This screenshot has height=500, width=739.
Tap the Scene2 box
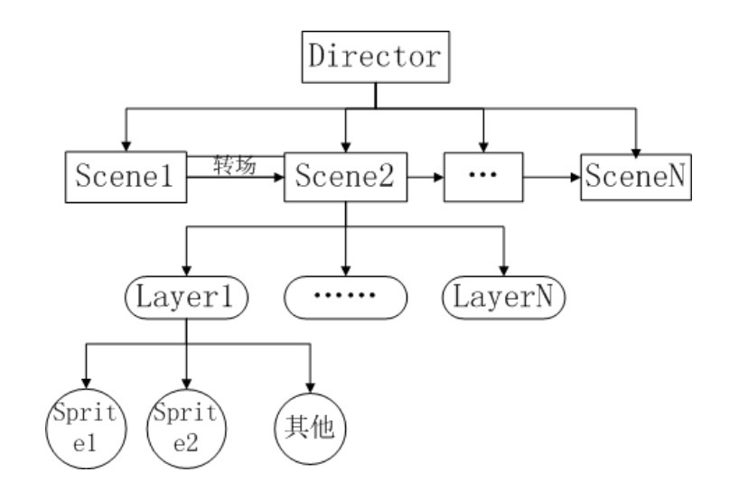click(x=345, y=176)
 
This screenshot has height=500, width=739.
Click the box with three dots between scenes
click(x=484, y=176)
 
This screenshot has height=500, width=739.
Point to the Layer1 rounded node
click(x=186, y=295)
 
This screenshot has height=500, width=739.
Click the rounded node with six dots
click(x=346, y=296)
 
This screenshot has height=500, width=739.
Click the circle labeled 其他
click(x=310, y=424)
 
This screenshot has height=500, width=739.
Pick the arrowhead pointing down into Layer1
click(x=186, y=270)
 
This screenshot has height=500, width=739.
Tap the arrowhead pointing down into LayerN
click(x=503, y=270)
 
